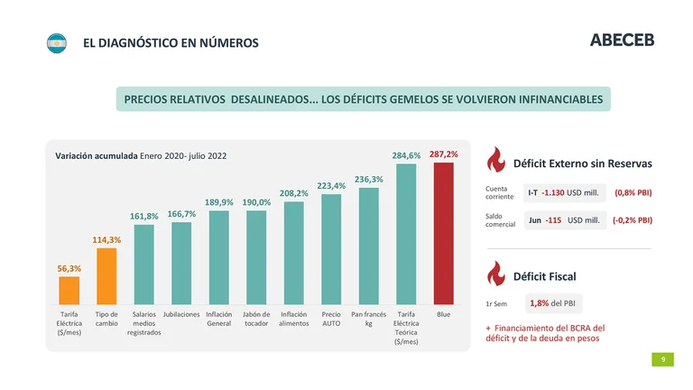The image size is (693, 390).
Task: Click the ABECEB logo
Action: pyautogui.click(x=622, y=41)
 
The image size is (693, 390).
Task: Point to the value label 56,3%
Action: pyautogui.click(x=69, y=268)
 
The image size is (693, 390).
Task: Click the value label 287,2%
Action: pyautogui.click(x=443, y=154)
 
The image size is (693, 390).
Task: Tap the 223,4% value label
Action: pyautogui.click(x=332, y=186)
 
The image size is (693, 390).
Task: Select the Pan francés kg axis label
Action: pyautogui.click(x=369, y=319)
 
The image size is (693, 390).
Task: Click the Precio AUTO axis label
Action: pyautogui.click(x=331, y=319)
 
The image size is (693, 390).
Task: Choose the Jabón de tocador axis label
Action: pyautogui.click(x=256, y=319)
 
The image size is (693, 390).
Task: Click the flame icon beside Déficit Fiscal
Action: pyautogui.click(x=494, y=274)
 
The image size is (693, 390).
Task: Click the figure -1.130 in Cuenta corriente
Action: pyautogui.click(x=552, y=192)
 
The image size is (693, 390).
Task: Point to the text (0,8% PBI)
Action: pyautogui.click(x=633, y=192)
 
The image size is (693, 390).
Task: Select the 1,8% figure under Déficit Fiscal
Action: pyautogui.click(x=540, y=303)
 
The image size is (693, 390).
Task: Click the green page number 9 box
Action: pyautogui.click(x=663, y=359)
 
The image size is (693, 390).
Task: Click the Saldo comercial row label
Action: pyautogui.click(x=500, y=220)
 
